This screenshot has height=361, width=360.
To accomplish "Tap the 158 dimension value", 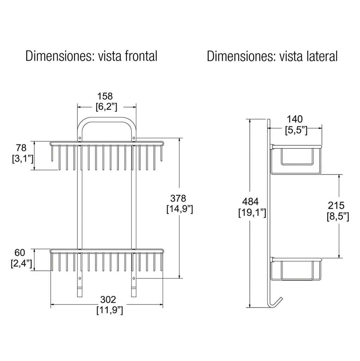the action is (x=105, y=96).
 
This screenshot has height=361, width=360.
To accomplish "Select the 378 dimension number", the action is (x=178, y=198).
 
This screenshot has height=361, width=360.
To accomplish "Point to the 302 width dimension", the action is (x=108, y=300).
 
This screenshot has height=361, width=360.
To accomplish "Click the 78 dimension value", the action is (x=21, y=148).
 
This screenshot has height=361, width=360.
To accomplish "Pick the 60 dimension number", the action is (x=20, y=253).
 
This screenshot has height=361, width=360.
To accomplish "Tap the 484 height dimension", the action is (x=250, y=202).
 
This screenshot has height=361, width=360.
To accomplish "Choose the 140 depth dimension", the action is (x=295, y=119).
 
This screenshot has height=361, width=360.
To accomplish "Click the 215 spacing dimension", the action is (x=336, y=205).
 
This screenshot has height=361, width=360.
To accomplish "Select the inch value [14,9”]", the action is (x=180, y=209).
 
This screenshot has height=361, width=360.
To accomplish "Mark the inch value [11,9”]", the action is (x=110, y=310).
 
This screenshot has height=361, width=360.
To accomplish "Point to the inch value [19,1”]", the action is (x=252, y=212).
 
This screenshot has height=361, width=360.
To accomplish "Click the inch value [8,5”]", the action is (x=338, y=216).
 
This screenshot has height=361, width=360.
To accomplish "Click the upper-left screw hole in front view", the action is (x=80, y=138).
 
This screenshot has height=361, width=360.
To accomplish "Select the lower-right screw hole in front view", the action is (x=134, y=278).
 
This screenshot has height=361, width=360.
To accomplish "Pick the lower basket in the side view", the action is (x=296, y=269).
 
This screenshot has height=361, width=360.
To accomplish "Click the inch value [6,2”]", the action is (x=107, y=107).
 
